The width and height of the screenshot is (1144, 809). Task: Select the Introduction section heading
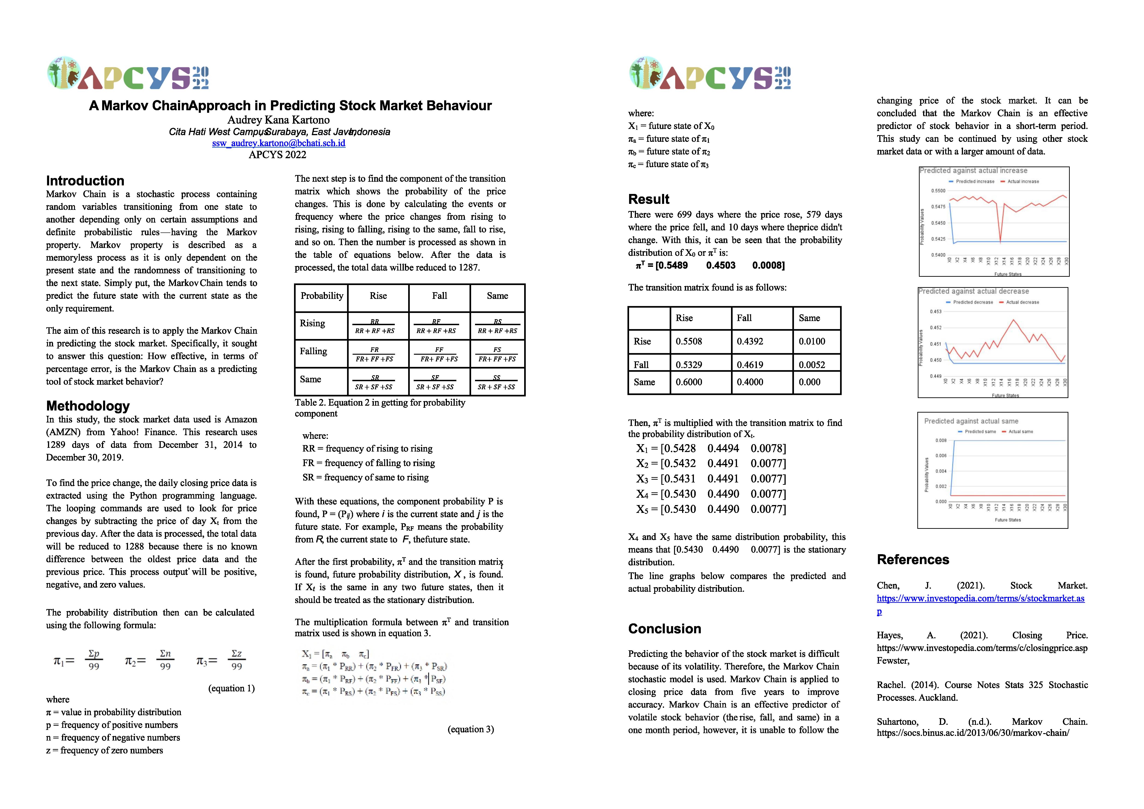coord(85,181)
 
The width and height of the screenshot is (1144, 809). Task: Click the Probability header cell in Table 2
coord(322,296)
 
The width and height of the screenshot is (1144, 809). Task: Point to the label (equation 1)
coord(231,688)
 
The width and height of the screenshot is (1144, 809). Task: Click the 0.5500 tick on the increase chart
coord(938,191)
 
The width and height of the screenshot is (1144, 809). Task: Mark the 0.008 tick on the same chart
coord(941,440)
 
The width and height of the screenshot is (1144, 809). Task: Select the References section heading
coord(913,560)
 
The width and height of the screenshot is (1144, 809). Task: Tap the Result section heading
coord(649,199)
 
